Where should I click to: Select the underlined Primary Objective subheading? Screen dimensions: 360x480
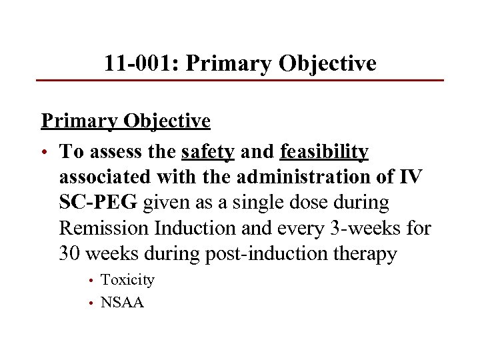click(125, 121)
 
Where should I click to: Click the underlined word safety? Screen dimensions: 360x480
click(207, 153)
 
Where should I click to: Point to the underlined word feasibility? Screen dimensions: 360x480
click(324, 153)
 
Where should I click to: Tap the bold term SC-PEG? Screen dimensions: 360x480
click(99, 203)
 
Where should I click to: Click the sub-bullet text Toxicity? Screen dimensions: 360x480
click(127, 280)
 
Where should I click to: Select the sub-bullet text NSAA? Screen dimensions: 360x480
click(122, 302)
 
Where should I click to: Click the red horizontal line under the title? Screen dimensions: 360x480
click(240, 81)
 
